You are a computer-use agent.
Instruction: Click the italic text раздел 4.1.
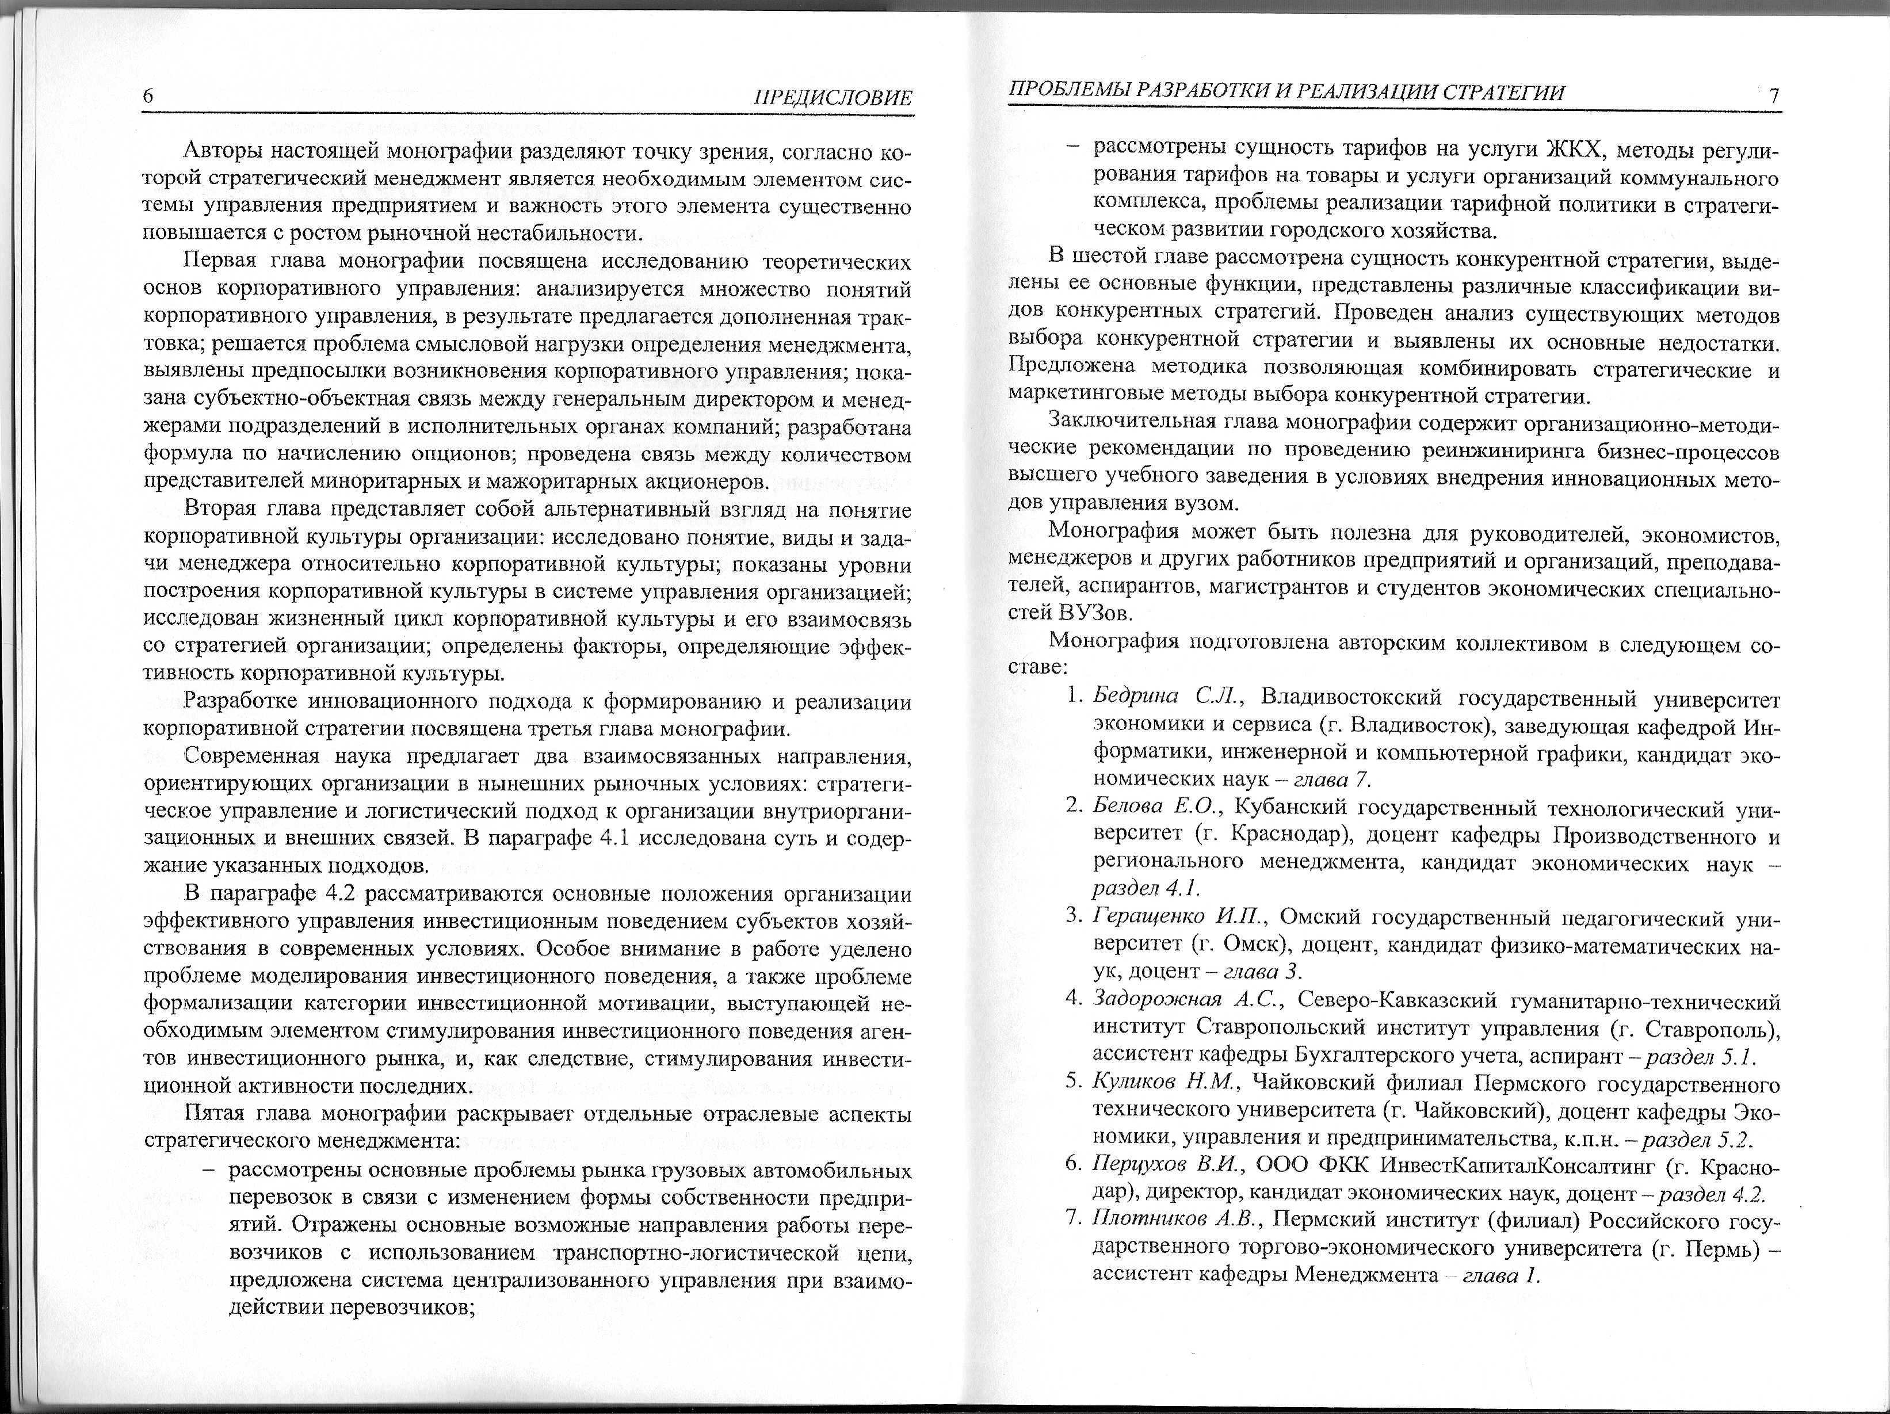point(1146,889)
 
